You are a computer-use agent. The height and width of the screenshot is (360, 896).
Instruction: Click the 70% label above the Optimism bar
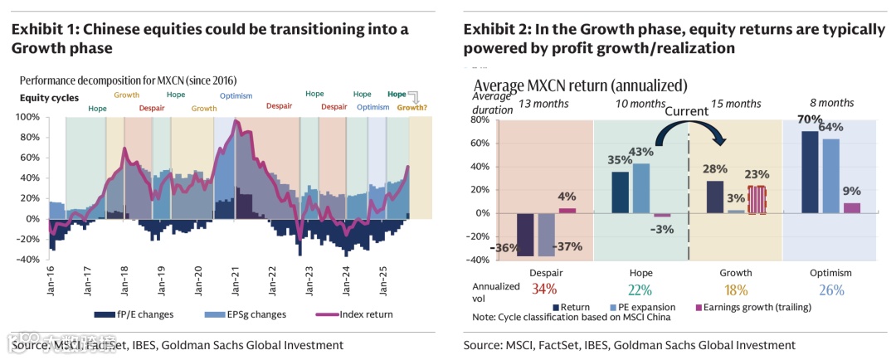point(806,119)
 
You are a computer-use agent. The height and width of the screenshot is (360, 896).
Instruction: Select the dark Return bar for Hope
point(620,192)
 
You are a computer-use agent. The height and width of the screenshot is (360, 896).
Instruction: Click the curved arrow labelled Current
point(688,133)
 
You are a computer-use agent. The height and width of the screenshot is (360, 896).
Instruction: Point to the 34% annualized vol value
point(543,289)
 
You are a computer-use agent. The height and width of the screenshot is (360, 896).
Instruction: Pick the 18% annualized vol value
point(736,289)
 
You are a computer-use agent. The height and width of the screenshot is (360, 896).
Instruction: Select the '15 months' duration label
point(737,104)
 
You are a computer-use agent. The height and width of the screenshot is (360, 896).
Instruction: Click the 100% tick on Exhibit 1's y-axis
point(29,117)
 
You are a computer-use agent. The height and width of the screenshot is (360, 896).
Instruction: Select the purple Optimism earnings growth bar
point(850,207)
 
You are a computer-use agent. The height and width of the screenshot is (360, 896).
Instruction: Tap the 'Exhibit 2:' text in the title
point(497,30)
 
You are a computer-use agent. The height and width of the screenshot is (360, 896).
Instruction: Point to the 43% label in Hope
point(641,153)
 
